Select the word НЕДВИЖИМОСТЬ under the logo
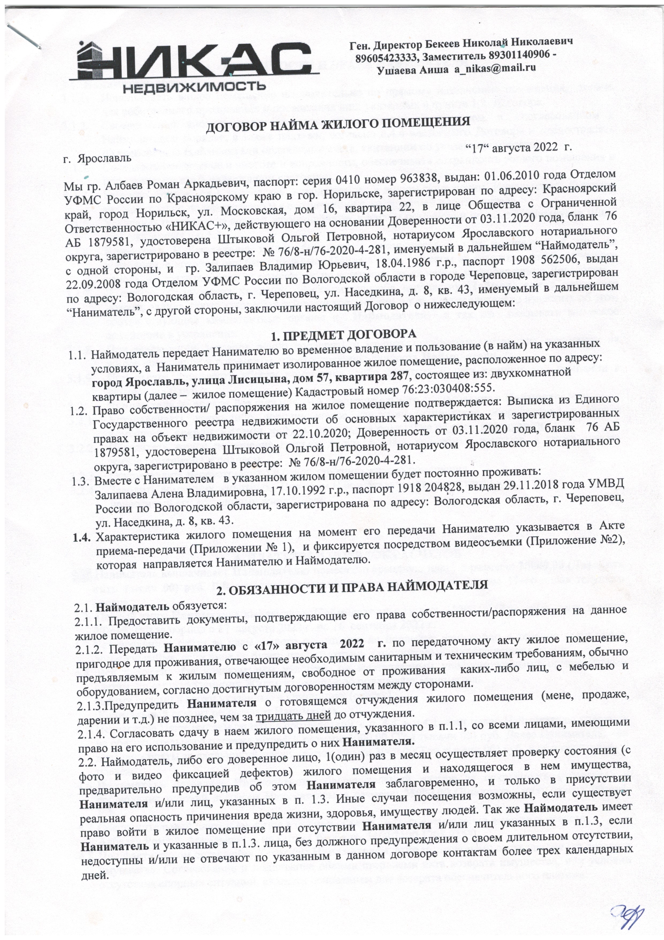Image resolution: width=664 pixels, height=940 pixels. (194, 87)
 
